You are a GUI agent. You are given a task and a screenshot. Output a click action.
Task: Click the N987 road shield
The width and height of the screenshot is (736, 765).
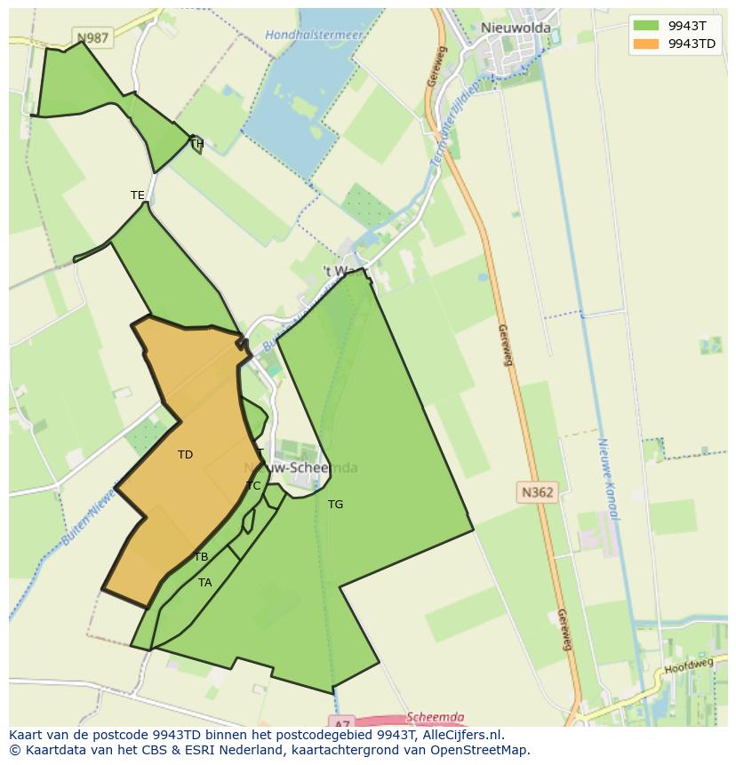(92, 38)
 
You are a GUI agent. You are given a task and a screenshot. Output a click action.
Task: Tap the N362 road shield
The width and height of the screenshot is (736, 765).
(537, 491)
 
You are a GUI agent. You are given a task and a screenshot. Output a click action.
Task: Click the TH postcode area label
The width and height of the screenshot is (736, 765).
(196, 143)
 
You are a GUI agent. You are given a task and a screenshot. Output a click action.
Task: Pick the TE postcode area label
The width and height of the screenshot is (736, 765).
(137, 195)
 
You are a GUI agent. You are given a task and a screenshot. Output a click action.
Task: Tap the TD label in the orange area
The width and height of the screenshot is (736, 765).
(185, 455)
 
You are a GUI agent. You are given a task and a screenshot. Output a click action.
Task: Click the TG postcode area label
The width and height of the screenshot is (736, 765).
(335, 505)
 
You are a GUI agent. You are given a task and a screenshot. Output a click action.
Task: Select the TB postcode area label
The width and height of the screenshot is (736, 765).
(201, 557)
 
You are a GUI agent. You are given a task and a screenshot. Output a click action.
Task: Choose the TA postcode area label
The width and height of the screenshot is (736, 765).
(205, 583)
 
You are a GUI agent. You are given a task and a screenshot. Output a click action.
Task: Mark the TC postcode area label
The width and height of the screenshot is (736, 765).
(253, 486)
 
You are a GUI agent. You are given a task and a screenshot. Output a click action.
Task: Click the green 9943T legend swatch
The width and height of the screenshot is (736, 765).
(646, 26)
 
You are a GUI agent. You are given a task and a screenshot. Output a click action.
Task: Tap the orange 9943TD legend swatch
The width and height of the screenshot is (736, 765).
(646, 44)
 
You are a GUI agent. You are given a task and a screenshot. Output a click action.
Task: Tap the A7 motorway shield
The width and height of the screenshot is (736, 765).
(340, 721)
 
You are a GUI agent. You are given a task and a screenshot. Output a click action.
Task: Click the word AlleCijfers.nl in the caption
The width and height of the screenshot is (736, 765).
(461, 735)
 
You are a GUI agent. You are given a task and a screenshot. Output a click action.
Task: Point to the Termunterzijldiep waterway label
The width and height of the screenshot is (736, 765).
(453, 124)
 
